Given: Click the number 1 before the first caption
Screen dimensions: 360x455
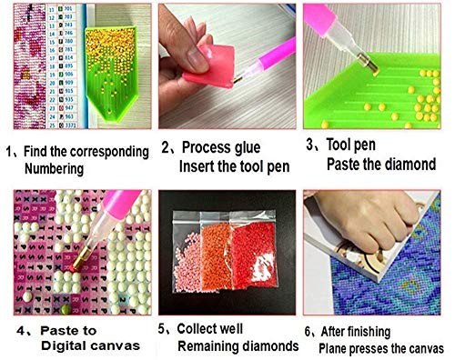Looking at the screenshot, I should [x=7, y=149].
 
